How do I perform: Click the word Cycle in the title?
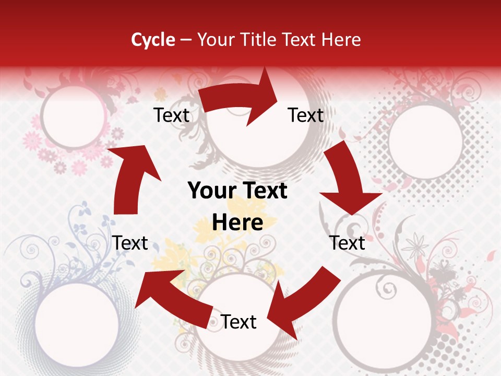[x=153, y=40]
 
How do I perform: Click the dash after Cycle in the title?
[x=186, y=40]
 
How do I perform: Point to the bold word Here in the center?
[x=237, y=223]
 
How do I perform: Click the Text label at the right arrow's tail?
[x=171, y=115]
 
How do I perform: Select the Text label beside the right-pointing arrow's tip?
[x=306, y=115]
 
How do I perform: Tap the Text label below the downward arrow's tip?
[x=347, y=243]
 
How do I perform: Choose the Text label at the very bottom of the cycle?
[x=238, y=322]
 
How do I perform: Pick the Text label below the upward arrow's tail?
[x=130, y=243]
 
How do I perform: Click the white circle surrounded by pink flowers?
[x=73, y=117]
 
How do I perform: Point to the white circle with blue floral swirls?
[x=77, y=321]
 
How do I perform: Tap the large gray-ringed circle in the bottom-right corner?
[x=376, y=321]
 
